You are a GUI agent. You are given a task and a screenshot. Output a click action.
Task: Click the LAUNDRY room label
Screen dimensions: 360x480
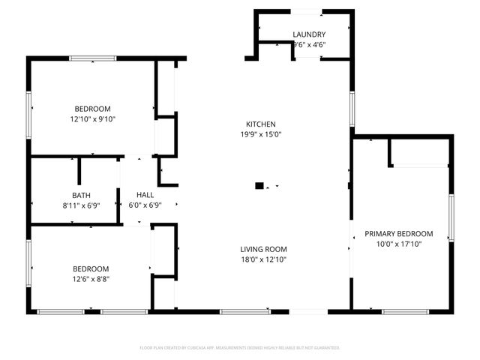(x=308, y=34)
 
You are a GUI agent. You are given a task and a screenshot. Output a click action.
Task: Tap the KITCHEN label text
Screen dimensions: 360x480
(x=261, y=124)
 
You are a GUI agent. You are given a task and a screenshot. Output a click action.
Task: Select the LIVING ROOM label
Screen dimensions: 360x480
(x=263, y=249)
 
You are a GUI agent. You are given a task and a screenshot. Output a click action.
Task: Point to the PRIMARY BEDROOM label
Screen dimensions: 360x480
(x=399, y=233)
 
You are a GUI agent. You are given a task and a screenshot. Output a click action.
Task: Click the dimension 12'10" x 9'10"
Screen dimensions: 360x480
(x=92, y=118)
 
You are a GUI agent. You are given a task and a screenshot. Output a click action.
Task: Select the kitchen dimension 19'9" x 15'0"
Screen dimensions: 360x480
(x=261, y=135)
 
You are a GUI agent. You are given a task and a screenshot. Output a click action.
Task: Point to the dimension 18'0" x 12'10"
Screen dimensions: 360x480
(x=263, y=259)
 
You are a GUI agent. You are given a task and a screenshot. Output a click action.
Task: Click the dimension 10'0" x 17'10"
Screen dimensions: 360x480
(x=399, y=244)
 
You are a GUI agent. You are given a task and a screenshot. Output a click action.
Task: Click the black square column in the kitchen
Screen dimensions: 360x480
(x=259, y=185)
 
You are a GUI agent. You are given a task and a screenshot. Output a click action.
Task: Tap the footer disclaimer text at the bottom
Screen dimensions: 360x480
(x=240, y=348)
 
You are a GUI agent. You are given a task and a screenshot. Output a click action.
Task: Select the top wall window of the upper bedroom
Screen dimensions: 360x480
(x=92, y=58)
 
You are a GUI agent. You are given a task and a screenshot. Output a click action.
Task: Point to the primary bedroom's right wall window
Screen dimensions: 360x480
(x=451, y=217)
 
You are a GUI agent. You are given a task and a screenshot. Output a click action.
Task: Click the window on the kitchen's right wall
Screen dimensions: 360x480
(x=351, y=109)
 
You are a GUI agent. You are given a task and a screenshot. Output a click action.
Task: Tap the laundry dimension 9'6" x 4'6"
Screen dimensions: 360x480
(x=308, y=44)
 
